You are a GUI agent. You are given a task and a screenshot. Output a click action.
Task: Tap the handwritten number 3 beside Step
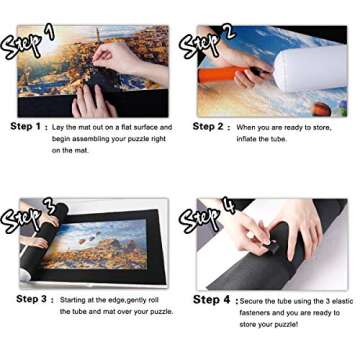(x=48, y=207)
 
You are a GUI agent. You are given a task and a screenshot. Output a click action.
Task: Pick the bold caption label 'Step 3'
(x=31, y=299)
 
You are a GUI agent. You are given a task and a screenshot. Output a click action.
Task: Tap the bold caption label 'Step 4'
(x=211, y=299)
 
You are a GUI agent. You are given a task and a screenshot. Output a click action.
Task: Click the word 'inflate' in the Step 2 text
(x=247, y=139)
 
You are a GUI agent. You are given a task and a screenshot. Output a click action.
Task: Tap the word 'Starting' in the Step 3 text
(x=74, y=300)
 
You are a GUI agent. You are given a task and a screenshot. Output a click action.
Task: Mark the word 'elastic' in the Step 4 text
(x=342, y=300)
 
